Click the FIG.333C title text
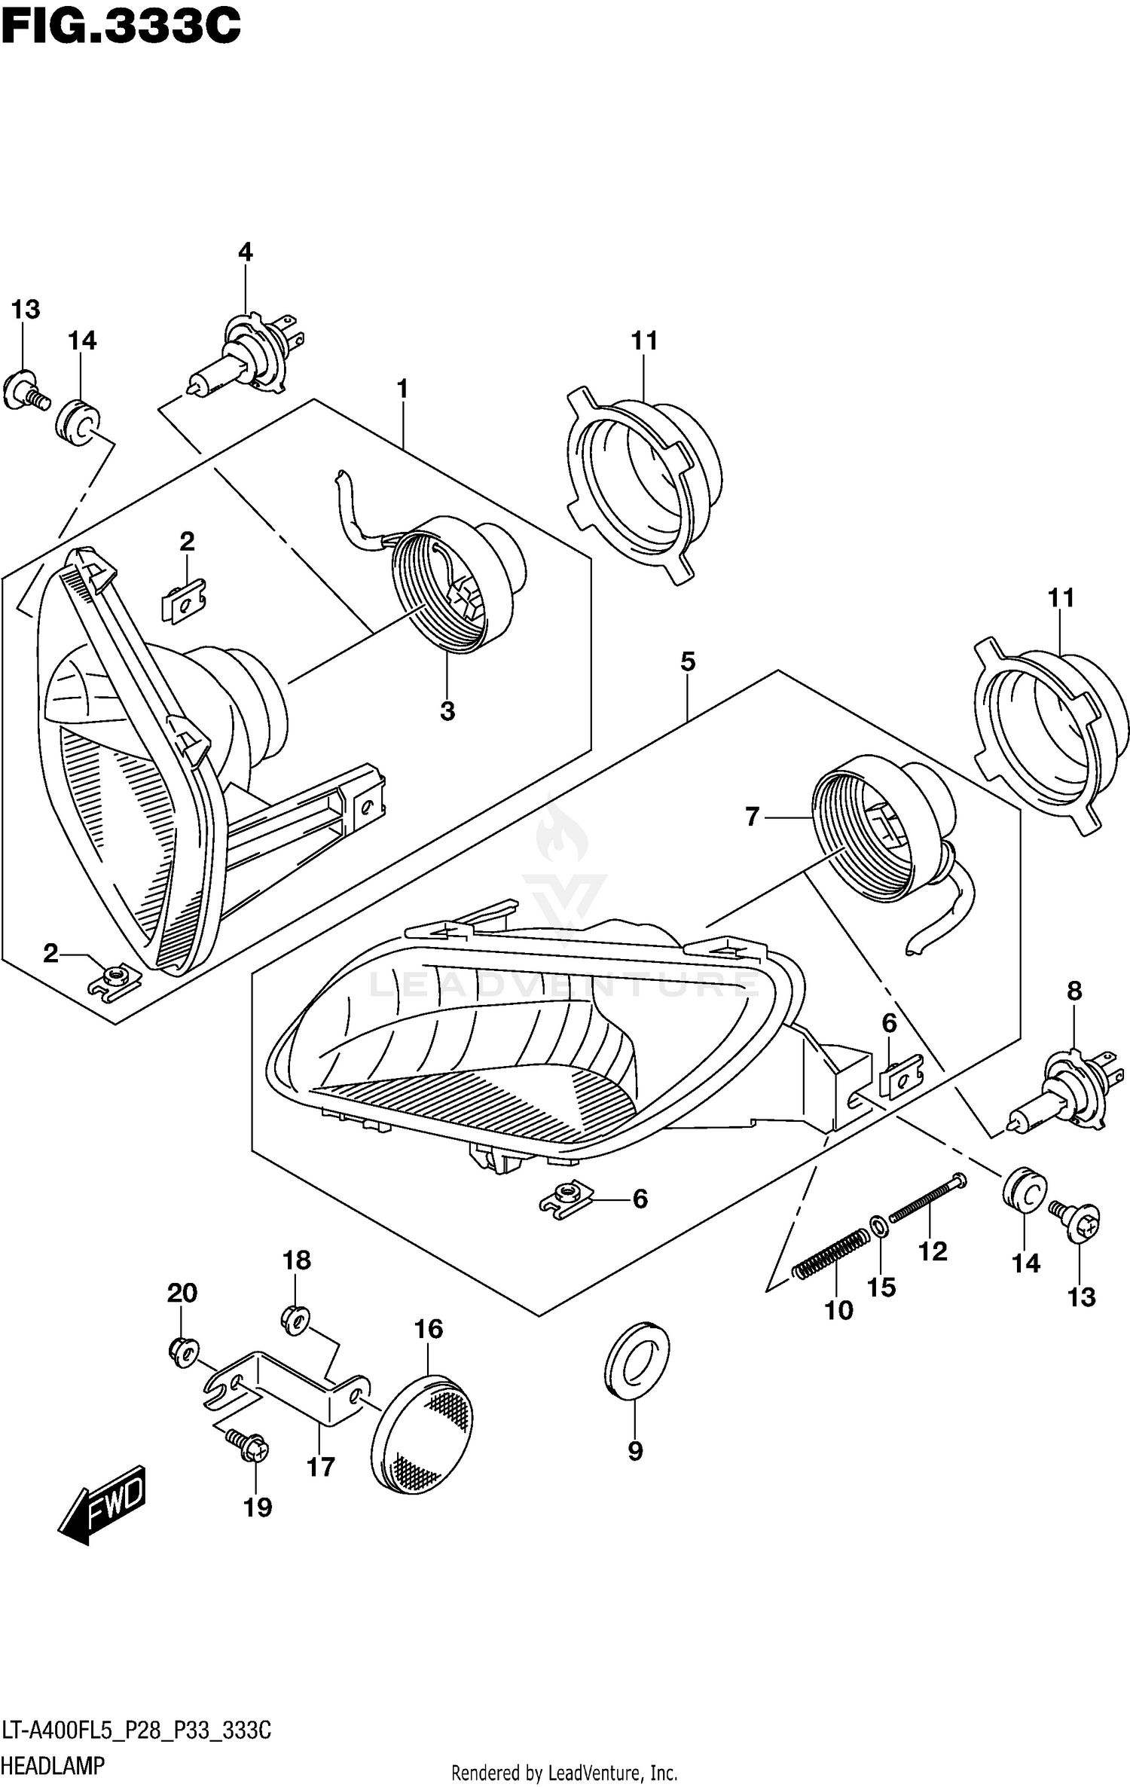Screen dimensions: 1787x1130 tap(121, 28)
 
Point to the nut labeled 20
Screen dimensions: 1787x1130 tap(182, 1350)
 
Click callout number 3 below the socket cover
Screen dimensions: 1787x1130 tap(447, 710)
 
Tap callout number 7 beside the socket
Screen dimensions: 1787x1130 tap(752, 816)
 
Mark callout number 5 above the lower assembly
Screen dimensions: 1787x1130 tap(687, 661)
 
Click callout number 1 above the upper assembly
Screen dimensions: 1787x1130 tap(402, 389)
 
